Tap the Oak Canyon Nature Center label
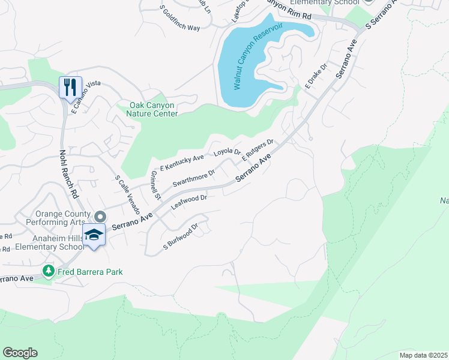click(x=154, y=110)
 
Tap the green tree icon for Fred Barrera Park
click(x=49, y=272)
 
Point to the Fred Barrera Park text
click(x=91, y=272)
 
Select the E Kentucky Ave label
click(x=182, y=162)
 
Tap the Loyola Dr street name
click(x=228, y=152)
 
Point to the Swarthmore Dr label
click(x=194, y=178)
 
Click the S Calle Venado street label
click(x=127, y=195)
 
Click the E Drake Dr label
click(x=316, y=77)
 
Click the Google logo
click(x=20, y=352)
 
